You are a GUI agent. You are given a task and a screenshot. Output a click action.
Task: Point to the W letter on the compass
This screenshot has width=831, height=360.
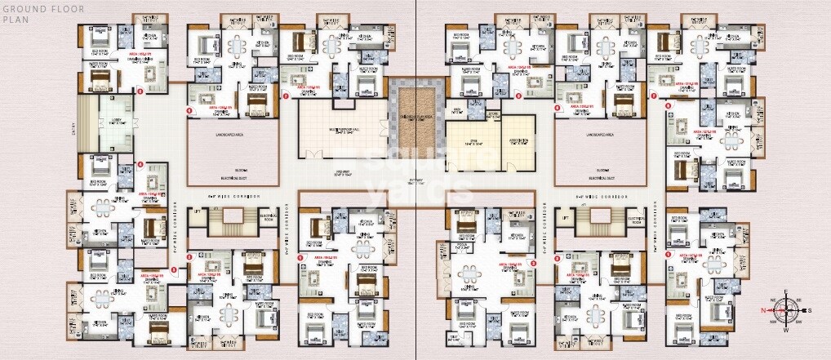(x=786, y=331)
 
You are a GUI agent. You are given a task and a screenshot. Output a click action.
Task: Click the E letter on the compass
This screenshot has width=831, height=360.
(x=786, y=291)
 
